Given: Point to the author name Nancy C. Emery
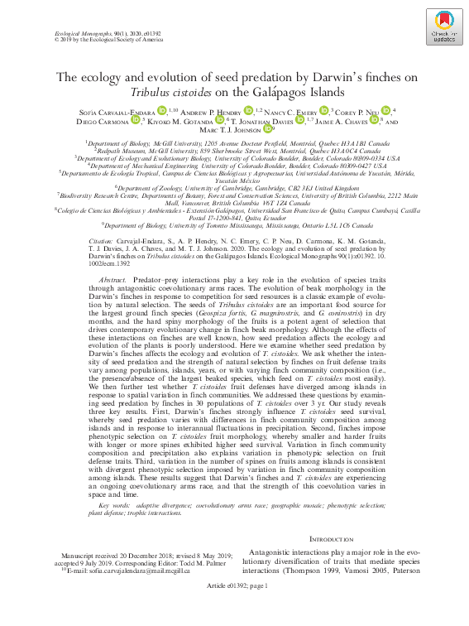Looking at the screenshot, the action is click(x=295, y=110).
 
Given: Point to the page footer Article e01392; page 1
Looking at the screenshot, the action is click(x=234, y=609).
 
